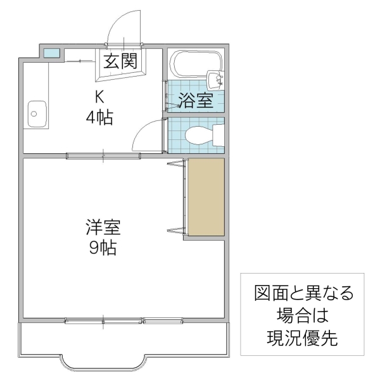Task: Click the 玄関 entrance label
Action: point(120,62)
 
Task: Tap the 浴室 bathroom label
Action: point(195,101)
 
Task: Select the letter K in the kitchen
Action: point(99,96)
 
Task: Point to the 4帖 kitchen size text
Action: point(100,117)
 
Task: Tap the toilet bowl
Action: point(198,135)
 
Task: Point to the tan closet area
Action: point(205,197)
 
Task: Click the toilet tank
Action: point(218,135)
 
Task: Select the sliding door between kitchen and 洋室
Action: point(104,155)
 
